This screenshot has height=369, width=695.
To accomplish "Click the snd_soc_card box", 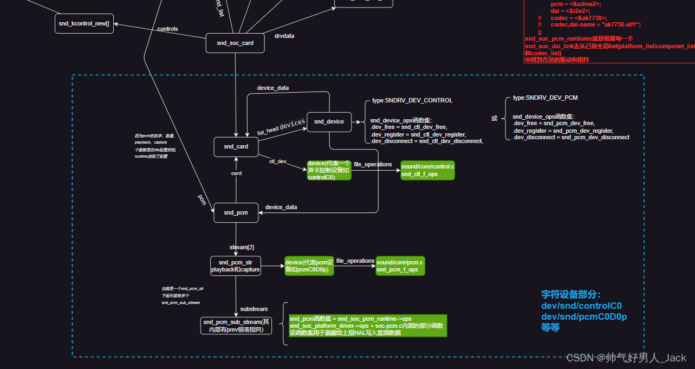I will coord(235,43).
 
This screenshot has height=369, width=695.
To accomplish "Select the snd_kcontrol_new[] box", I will coord(85,24).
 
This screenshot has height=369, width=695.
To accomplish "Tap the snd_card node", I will coord(236,147).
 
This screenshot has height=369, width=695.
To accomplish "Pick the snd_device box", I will coord(329,122).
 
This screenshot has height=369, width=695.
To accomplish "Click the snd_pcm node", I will coord(236,213).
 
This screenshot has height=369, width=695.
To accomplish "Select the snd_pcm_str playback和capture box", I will coord(236,266).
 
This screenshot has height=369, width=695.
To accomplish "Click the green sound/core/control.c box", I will coord(427,171).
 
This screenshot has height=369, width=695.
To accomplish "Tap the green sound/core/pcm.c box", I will coord(400,266).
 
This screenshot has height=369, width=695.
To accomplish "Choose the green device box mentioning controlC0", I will coord(329,170).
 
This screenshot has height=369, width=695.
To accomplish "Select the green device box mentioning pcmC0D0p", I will coord(309,266).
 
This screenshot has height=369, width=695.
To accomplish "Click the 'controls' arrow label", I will coord(167,29).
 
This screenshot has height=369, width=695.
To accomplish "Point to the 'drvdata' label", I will coord(284,36).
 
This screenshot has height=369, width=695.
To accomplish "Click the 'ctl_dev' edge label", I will coord(278,161).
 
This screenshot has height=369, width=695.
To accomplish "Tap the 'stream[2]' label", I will coord(242,247).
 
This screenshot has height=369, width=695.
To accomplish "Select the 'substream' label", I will coord(254,309).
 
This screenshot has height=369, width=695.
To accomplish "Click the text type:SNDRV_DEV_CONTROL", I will coord(412,101).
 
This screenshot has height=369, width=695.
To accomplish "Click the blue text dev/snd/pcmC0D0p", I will coord(584,316).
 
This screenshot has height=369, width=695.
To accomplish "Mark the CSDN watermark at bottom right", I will coord(626,358).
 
